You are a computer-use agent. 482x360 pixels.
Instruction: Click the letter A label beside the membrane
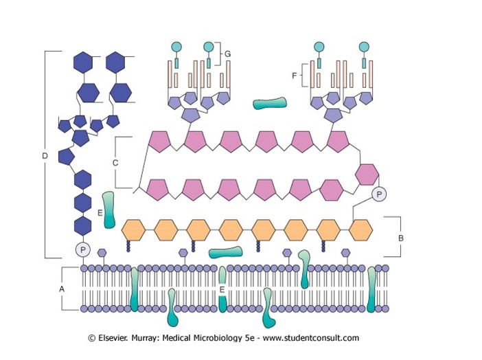[62, 289]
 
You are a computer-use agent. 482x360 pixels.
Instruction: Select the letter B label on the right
[401, 238]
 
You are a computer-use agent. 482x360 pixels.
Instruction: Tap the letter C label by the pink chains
[115, 163]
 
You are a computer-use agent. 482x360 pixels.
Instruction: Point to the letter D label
[45, 156]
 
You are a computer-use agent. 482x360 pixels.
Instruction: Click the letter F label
[295, 76]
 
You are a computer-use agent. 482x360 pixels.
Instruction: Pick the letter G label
[227, 54]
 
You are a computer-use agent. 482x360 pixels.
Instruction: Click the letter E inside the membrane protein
[222, 289]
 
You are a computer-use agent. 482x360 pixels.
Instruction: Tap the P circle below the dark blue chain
[82, 250]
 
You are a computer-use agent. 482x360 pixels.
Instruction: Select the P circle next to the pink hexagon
[379, 194]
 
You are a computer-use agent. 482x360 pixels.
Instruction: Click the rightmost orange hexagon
[361, 230]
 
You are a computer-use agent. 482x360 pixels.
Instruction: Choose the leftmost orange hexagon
[133, 230]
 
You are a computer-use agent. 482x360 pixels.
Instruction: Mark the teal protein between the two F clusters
[270, 103]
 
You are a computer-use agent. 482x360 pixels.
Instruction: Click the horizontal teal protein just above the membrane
[225, 252]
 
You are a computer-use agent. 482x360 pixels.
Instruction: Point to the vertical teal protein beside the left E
[108, 210]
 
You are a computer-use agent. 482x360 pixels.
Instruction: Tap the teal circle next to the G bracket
[209, 47]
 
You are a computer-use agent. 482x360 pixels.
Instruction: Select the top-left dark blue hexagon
[83, 63]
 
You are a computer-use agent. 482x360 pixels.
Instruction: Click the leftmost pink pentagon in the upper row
[159, 142]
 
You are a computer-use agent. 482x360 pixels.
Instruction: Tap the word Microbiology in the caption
[218, 338]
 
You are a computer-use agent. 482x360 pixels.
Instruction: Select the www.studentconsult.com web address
[311, 338]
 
